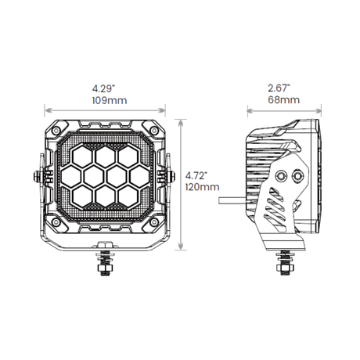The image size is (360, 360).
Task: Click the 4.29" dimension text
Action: pos(103,88)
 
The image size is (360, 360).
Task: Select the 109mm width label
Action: pos(110,100)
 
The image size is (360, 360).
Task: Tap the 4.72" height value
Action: pos(196,175)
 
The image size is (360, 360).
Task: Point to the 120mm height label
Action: pos(203,187)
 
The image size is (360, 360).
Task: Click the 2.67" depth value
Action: pos(279,88)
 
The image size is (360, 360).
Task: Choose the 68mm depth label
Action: pos(284,100)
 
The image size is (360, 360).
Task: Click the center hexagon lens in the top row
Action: pos(105,157)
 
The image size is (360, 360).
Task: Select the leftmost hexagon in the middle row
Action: pos(71,177)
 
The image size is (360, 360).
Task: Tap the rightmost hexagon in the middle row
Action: pos(139,177)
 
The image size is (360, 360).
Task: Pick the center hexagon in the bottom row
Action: pos(105,196)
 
